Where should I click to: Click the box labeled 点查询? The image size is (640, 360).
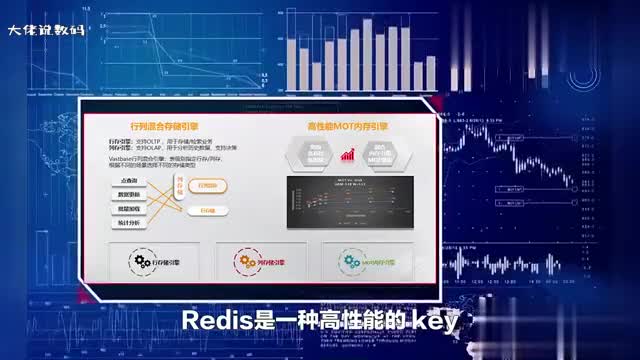tap(129, 179)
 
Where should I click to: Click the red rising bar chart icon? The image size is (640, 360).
tap(349, 153)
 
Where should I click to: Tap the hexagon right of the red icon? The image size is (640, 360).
tap(381, 153)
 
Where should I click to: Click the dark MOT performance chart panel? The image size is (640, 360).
tap(349, 200)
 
